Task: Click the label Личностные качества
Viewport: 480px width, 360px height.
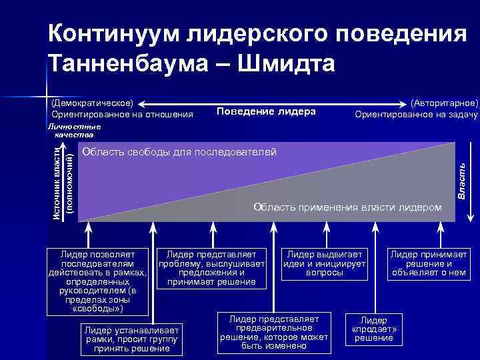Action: click(x=74, y=130)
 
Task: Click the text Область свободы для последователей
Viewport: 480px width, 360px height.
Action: click(x=179, y=153)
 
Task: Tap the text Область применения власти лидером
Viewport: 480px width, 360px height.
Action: click(x=347, y=207)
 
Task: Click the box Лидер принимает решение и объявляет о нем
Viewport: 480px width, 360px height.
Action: click(x=429, y=263)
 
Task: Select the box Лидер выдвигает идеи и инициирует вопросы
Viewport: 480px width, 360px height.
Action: click(x=324, y=263)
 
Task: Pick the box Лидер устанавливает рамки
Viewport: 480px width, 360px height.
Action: click(x=130, y=339)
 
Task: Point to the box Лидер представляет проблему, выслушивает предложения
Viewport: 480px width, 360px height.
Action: click(x=212, y=267)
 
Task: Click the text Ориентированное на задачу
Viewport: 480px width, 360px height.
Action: click(x=416, y=115)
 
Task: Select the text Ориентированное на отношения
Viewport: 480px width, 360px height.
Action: click(x=122, y=115)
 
